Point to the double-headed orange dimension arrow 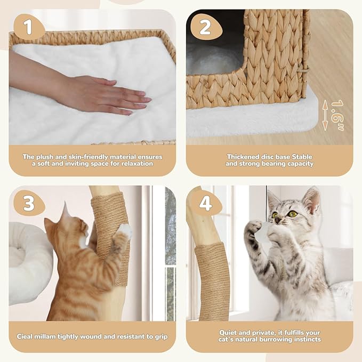(325, 117)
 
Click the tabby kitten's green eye (292, 214)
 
